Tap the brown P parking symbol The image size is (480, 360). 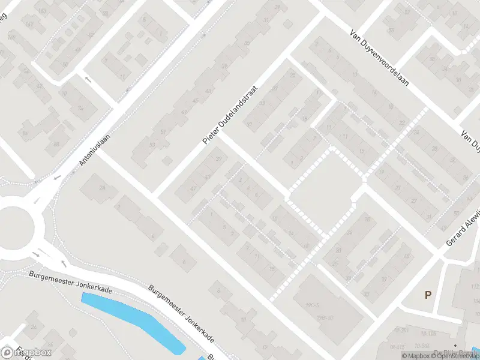click(428, 295)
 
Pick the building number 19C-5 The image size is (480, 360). click(312, 305)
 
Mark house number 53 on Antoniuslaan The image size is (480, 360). click(151, 144)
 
